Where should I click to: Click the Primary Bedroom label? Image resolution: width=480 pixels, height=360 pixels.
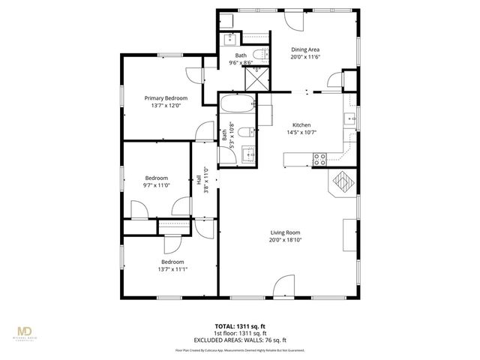tap(166, 98)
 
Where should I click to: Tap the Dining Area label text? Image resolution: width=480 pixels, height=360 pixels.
tap(305, 50)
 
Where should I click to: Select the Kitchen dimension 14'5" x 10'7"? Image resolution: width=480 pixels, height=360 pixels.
tap(301, 133)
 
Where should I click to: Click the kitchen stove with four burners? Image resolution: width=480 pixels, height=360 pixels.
tap(319, 158)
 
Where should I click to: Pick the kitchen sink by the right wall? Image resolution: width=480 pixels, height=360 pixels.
tap(349, 118)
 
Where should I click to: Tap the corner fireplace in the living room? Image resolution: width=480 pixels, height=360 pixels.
tap(341, 181)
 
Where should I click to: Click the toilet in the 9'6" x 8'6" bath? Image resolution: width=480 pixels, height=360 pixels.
tap(256, 54)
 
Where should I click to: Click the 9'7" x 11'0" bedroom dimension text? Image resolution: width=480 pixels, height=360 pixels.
tap(157, 185)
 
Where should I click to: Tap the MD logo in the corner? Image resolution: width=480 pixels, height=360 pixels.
tap(28, 332)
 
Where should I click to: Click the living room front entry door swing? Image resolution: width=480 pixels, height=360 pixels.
tap(284, 286)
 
